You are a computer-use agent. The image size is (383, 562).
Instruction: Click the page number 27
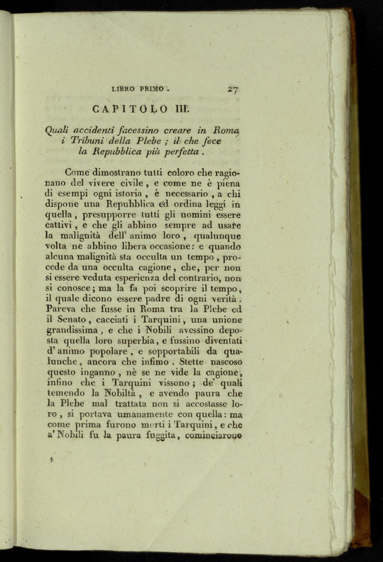(x=232, y=89)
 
